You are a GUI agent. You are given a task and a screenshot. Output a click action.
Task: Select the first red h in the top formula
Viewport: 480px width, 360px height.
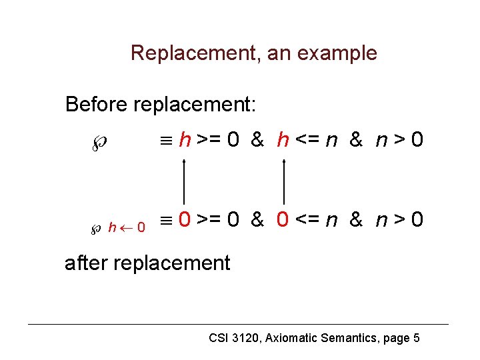pyautogui.click(x=187, y=140)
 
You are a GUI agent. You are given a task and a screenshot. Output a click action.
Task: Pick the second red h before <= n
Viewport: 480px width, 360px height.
pyautogui.click(x=283, y=140)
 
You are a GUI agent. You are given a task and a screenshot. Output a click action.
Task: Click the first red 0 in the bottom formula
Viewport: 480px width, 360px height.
pyautogui.click(x=187, y=219)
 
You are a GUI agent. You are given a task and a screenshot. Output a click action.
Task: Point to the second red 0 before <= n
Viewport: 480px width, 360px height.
pyautogui.click(x=283, y=219)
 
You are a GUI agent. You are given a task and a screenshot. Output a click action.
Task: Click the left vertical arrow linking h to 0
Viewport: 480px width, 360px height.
pyautogui.click(x=185, y=180)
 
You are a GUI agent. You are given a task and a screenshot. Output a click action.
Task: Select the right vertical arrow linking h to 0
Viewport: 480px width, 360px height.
pyautogui.click(x=285, y=180)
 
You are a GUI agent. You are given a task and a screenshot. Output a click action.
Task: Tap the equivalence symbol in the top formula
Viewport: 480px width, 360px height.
pyautogui.click(x=169, y=141)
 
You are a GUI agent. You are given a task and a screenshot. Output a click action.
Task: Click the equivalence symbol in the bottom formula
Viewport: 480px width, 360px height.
pyautogui.click(x=169, y=220)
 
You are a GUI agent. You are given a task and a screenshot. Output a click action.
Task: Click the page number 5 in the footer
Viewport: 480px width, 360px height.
pyautogui.click(x=416, y=338)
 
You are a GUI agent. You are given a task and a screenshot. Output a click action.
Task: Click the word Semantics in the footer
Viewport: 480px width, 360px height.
pyautogui.click(x=349, y=338)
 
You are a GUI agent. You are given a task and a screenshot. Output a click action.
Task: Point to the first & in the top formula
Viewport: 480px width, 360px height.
pyautogui.click(x=257, y=140)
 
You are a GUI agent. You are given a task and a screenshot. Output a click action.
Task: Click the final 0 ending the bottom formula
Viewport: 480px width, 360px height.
pyautogui.click(x=417, y=219)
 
